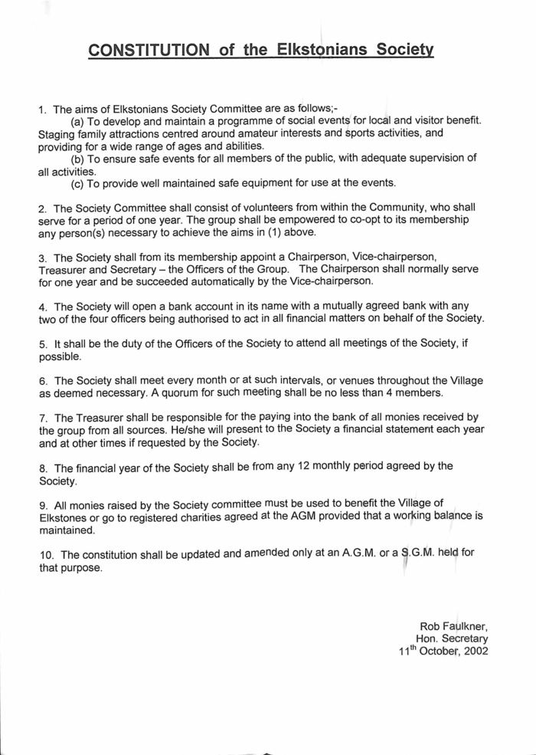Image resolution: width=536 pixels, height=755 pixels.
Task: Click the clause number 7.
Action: (x=43, y=418)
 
